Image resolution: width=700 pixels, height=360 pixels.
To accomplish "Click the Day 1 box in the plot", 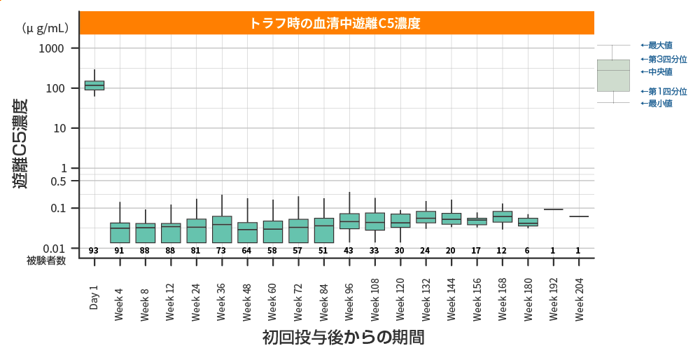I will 94,85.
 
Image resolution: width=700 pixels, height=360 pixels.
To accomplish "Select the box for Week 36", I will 222,229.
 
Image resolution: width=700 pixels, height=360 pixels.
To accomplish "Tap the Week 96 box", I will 349,221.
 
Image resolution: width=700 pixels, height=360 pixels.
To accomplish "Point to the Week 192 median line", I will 553,209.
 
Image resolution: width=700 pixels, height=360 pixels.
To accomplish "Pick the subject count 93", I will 94,251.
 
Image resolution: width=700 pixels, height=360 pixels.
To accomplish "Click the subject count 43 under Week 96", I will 349,251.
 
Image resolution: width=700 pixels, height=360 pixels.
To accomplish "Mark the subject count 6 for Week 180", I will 527,251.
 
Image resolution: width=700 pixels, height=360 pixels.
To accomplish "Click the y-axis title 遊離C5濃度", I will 20,144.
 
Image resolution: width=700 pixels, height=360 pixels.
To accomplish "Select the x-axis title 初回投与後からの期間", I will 343,338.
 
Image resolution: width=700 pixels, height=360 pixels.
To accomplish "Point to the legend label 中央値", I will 659,72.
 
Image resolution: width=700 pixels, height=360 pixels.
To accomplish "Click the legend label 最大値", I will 659,46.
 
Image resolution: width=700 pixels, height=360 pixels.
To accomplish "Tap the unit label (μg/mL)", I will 45,28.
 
